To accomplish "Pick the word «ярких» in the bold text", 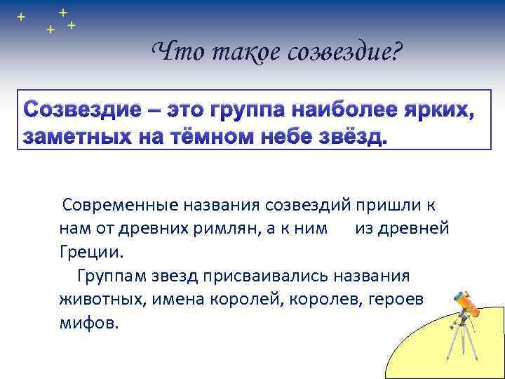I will (434, 110).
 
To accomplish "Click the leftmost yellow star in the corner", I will (21, 15).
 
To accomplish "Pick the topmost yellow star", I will (63, 12).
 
